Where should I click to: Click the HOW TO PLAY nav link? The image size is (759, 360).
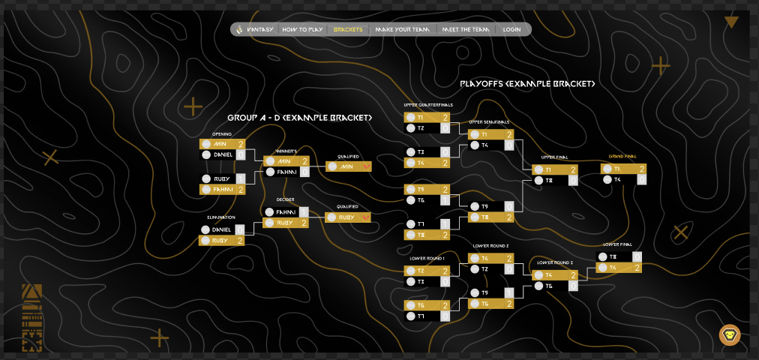(302, 30)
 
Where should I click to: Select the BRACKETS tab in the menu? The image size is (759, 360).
(348, 30)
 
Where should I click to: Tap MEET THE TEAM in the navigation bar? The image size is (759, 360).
(466, 30)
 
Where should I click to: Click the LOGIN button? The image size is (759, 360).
(511, 30)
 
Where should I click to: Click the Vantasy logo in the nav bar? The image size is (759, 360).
(254, 30)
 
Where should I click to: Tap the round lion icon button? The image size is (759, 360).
(730, 334)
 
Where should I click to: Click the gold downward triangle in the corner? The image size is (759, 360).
(731, 22)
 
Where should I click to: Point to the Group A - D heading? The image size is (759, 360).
(300, 118)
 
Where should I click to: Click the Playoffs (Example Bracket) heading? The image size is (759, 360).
(528, 85)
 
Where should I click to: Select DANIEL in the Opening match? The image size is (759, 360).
(223, 154)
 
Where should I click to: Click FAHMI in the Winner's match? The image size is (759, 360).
(287, 172)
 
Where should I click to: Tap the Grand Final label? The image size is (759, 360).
(622, 157)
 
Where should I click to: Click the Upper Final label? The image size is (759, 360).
(554, 157)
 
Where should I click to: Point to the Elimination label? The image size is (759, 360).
(221, 217)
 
